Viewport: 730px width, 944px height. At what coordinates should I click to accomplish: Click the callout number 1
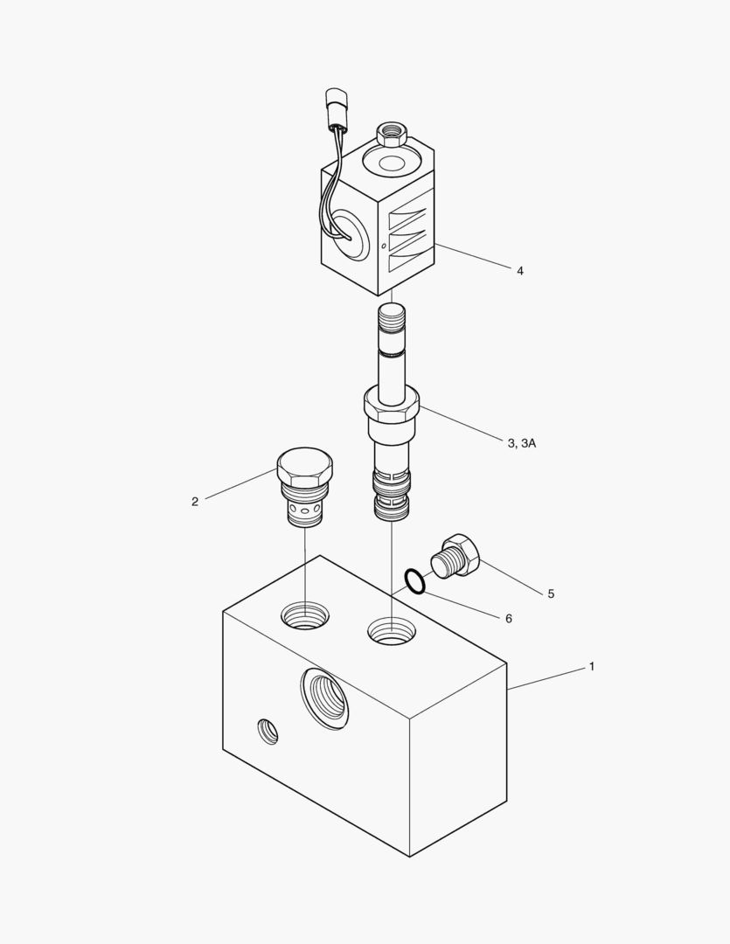[x=592, y=666]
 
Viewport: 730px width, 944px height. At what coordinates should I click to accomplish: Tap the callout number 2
[x=195, y=502]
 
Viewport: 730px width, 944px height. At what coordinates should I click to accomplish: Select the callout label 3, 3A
[x=521, y=444]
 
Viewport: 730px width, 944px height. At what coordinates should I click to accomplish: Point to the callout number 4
[x=520, y=271]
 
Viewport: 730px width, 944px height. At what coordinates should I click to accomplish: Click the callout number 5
[x=551, y=594]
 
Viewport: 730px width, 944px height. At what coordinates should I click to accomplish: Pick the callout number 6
[x=508, y=619]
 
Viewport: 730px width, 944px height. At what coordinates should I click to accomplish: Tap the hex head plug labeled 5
[x=456, y=556]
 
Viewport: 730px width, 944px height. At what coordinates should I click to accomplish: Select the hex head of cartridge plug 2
[x=305, y=468]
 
